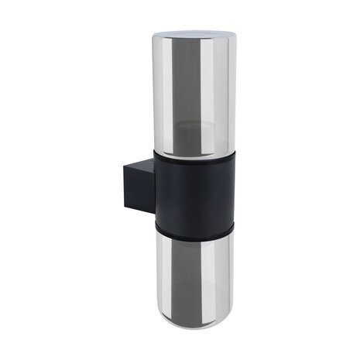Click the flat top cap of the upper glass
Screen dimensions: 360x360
pyautogui.click(x=194, y=34)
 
